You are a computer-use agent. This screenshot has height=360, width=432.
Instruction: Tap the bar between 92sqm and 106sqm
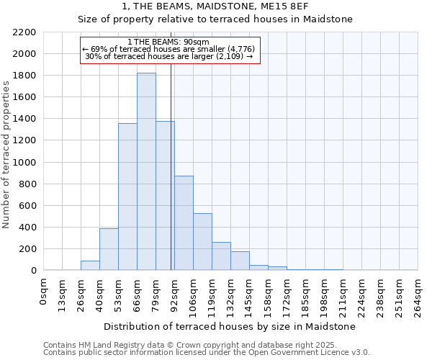(x=184, y=223)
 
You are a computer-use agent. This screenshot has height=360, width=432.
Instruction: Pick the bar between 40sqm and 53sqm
(x=109, y=249)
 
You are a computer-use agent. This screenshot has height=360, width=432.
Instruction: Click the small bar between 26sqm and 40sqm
(x=90, y=266)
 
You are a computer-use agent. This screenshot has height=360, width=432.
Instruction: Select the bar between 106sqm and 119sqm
(x=202, y=242)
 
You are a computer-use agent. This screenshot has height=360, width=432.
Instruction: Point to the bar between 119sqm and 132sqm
(x=221, y=256)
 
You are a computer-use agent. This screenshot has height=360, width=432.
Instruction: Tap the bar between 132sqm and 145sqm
(x=240, y=261)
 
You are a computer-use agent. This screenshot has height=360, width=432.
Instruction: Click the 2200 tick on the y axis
(x=24, y=32)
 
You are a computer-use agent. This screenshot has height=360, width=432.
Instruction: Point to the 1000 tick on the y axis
(x=24, y=163)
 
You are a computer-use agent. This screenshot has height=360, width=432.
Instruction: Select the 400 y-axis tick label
(x=27, y=228)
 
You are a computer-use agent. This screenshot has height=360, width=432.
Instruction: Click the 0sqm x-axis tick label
(x=44, y=292)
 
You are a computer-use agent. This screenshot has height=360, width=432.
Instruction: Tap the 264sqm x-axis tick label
(x=418, y=294)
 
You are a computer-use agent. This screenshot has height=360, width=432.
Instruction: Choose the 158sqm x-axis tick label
(x=269, y=294)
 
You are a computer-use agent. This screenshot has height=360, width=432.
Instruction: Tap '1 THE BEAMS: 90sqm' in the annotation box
(x=168, y=42)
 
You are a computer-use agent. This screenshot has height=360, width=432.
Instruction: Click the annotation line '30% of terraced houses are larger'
(x=168, y=56)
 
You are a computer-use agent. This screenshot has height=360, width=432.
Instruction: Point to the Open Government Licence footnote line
(x=207, y=353)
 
